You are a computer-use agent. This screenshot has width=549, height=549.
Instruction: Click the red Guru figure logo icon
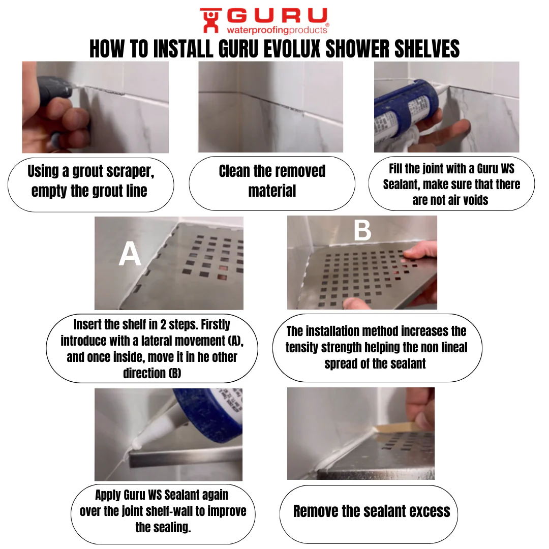click(x=211, y=20)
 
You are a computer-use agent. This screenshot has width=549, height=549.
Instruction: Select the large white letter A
click(x=130, y=254)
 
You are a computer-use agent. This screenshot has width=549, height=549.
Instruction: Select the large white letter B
click(x=362, y=230)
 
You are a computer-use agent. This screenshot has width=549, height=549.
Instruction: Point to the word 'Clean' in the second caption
click(x=234, y=171)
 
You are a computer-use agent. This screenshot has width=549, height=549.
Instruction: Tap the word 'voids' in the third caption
click(x=475, y=200)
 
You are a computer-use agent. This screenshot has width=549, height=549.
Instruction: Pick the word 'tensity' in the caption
click(x=302, y=348)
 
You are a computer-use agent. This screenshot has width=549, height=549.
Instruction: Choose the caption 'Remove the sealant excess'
click(x=372, y=511)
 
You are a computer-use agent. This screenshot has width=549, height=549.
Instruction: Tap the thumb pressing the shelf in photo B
click(x=355, y=303)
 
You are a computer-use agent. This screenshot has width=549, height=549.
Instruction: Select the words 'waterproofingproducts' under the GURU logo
click(x=277, y=30)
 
